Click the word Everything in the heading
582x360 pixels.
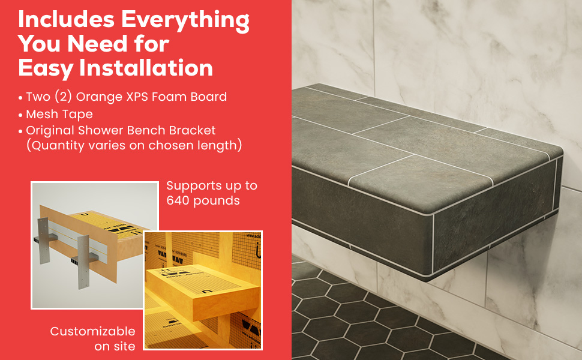[x=185, y=20]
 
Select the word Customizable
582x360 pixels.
[x=92, y=331]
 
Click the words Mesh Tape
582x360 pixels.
[x=59, y=114]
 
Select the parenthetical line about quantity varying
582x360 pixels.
[x=134, y=145]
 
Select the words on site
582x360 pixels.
[x=115, y=346]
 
